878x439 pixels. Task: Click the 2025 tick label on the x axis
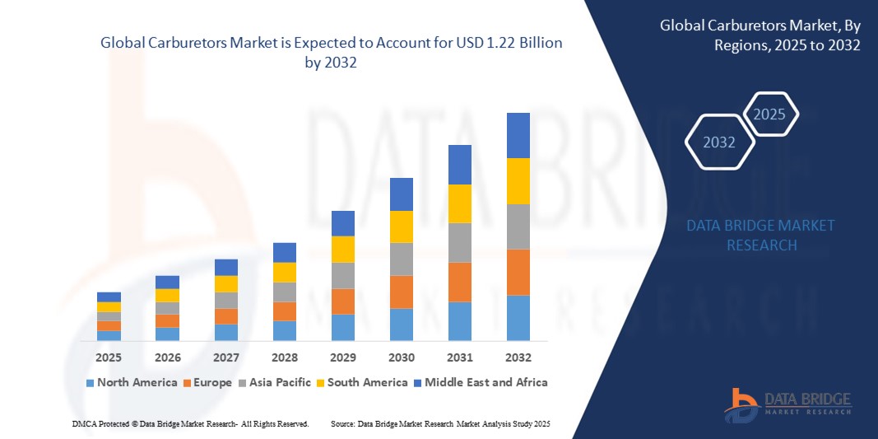pyautogui.click(x=109, y=357)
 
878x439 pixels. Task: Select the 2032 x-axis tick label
pyautogui.click(x=518, y=357)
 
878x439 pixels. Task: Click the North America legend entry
pyautogui.click(x=131, y=382)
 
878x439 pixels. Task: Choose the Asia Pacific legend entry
pyautogui.click(x=276, y=382)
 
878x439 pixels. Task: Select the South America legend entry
pyautogui.click(x=362, y=382)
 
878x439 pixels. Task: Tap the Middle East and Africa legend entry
pyautogui.click(x=481, y=382)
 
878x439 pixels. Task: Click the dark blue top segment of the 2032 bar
pyautogui.click(x=518, y=135)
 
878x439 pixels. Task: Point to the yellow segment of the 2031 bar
pyautogui.click(x=459, y=203)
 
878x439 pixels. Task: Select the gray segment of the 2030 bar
pyautogui.click(x=401, y=259)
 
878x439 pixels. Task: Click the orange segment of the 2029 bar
pyautogui.click(x=342, y=301)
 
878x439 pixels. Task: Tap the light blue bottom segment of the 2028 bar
pyautogui.click(x=284, y=330)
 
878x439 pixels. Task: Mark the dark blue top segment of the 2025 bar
pyautogui.click(x=109, y=297)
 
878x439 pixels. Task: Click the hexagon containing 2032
pyautogui.click(x=720, y=142)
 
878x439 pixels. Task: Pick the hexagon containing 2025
pyautogui.click(x=770, y=114)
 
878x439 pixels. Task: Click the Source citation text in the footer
pyautogui.click(x=439, y=423)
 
